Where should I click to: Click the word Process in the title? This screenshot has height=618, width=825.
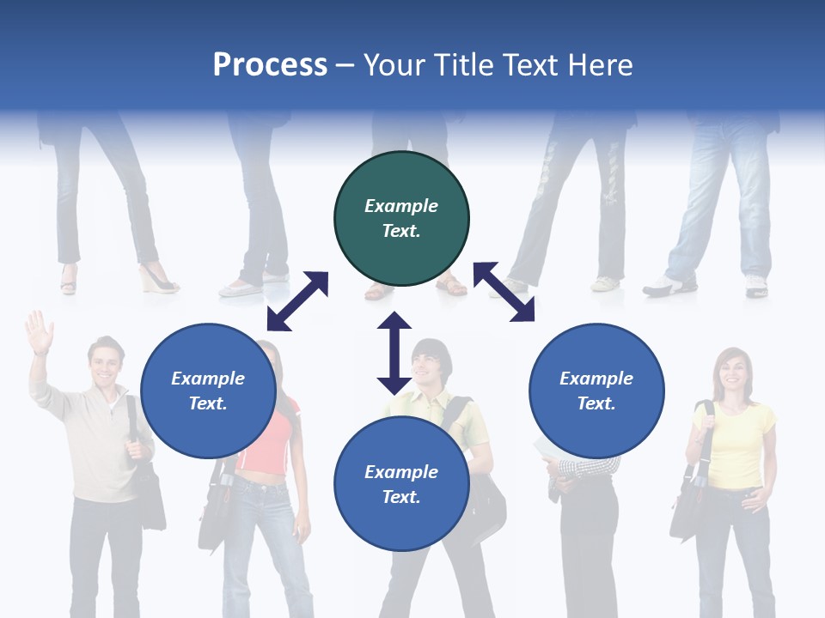(x=270, y=65)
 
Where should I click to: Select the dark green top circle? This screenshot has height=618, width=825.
(x=401, y=219)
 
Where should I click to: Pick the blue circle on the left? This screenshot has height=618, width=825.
(x=208, y=391)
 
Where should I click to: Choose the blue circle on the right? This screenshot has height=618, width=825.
(x=596, y=391)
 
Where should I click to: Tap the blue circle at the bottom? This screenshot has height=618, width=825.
(x=401, y=484)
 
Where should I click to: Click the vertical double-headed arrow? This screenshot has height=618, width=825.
(x=394, y=353)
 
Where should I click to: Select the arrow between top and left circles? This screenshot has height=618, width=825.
(x=297, y=301)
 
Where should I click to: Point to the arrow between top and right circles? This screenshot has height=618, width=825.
(x=504, y=292)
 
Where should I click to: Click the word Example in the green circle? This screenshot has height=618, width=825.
(x=401, y=206)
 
